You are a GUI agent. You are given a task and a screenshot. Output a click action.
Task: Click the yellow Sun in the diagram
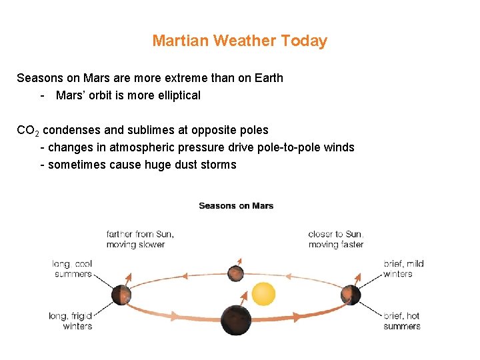pyautogui.click(x=263, y=294)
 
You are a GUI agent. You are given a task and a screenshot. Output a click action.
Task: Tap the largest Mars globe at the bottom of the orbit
pyautogui.click(x=236, y=320)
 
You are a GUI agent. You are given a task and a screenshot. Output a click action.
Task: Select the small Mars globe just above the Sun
pyautogui.click(x=235, y=273)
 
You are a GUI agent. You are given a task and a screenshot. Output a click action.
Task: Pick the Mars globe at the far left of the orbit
pyautogui.click(x=121, y=294)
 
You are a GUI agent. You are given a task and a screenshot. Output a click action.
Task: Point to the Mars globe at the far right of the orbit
pyautogui.click(x=351, y=294)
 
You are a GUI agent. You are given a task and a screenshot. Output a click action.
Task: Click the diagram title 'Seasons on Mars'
pyautogui.click(x=236, y=205)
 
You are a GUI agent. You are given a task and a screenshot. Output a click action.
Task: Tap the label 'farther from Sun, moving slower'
pyautogui.click(x=139, y=239)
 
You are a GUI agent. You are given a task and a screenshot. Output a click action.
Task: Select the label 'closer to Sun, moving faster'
pyautogui.click(x=336, y=239)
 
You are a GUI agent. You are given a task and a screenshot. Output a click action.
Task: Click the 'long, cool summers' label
pyautogui.click(x=72, y=269)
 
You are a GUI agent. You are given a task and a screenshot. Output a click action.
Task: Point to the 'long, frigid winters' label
pyautogui.click(x=71, y=321)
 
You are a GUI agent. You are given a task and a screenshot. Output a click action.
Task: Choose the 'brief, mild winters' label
pyautogui.click(x=403, y=269)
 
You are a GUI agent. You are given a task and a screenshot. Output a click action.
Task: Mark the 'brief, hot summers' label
pyautogui.click(x=402, y=321)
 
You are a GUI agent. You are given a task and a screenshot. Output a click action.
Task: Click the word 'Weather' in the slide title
pyautogui.click(x=245, y=41)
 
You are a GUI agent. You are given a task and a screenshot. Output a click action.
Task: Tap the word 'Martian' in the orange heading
pyautogui.click(x=181, y=41)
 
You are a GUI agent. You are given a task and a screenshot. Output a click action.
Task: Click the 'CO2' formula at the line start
pyautogui.click(x=28, y=131)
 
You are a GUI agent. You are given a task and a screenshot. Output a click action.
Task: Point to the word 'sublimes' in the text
pyautogui.click(x=145, y=130)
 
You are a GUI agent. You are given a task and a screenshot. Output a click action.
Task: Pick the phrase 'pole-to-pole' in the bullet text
pyautogui.click(x=287, y=147)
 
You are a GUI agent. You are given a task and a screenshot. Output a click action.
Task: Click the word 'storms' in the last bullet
pyautogui.click(x=219, y=165)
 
